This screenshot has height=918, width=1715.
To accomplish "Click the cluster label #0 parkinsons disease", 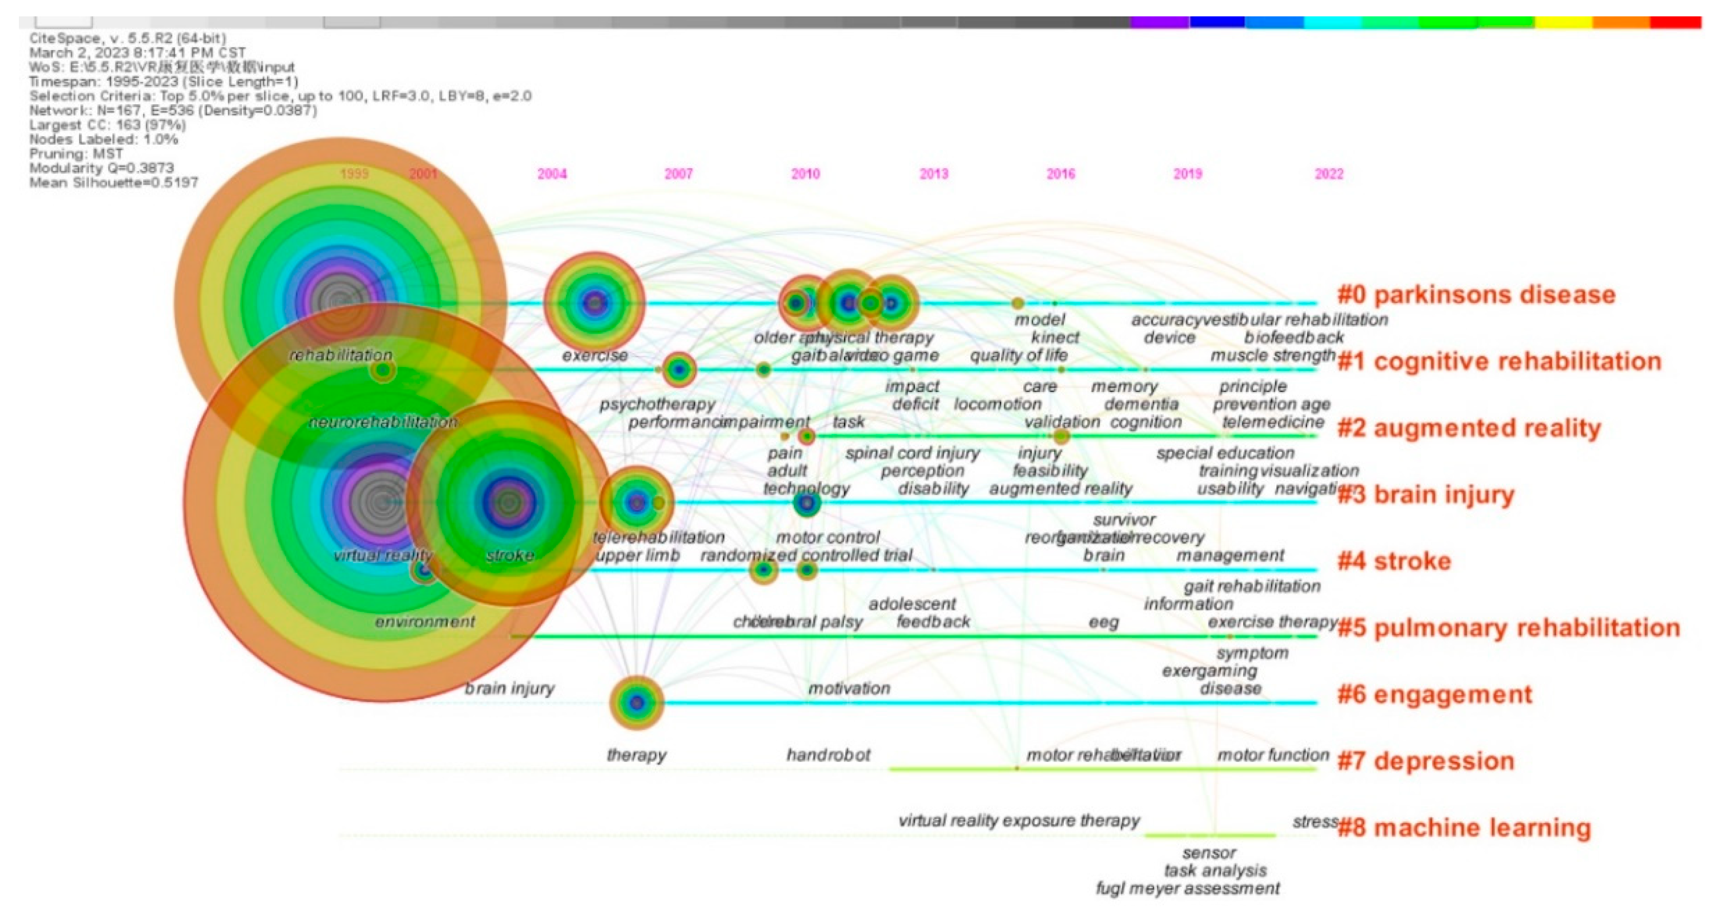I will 1476,295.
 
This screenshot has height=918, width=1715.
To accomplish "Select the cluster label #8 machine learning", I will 1464,828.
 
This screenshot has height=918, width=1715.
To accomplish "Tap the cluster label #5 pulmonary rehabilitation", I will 1508,628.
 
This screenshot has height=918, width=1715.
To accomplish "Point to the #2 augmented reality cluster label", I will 1469,428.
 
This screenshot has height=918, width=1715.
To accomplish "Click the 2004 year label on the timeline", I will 552,174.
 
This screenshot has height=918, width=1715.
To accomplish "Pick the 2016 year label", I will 1061,174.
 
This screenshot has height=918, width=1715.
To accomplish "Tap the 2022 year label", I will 1329,174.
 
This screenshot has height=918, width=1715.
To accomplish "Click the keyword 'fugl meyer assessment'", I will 1187,888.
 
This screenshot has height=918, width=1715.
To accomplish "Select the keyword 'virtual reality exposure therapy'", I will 1019,820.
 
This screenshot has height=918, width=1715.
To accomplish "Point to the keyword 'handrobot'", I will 828,755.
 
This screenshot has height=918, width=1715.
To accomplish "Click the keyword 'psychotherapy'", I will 657,404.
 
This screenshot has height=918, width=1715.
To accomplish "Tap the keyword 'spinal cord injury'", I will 912,453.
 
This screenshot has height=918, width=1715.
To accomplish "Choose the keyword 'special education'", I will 1225,453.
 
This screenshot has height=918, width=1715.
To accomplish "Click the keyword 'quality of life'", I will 1019,355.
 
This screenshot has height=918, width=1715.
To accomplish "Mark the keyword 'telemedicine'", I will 1273,422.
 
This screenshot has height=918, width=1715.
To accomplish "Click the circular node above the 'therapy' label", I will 636,702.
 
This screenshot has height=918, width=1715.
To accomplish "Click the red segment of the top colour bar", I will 1675,22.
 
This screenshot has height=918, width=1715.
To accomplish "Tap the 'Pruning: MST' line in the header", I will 76,154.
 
